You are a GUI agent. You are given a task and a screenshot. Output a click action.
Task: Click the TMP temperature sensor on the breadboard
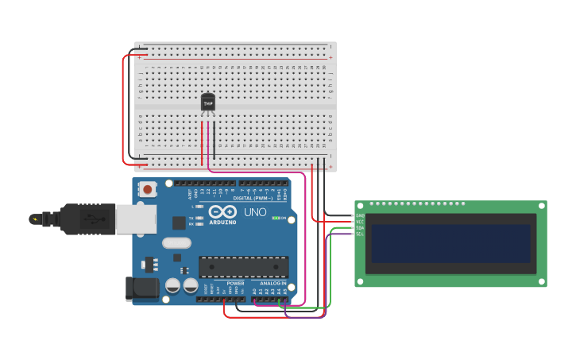point(208,103)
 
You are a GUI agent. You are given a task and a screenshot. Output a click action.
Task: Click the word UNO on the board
point(255,213)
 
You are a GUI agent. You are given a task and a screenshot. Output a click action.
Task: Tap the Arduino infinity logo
point(222,212)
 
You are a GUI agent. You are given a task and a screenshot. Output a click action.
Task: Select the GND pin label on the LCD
point(360,215)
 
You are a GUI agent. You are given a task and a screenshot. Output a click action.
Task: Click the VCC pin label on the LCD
point(360,222)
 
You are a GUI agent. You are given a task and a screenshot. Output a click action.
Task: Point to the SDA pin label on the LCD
point(360,228)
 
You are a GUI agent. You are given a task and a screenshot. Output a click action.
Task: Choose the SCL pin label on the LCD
point(360,234)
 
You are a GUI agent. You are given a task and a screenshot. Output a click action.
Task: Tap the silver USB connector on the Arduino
point(136,219)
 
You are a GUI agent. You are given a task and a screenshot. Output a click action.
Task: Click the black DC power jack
point(141,288)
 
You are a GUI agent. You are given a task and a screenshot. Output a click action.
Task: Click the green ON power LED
point(276,218)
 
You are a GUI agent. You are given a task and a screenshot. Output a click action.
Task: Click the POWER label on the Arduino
point(235,284)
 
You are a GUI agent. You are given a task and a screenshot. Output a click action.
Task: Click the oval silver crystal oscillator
point(176,243)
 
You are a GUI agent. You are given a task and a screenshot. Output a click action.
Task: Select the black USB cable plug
point(87,219)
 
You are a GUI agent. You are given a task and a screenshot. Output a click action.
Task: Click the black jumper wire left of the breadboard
point(131,107)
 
